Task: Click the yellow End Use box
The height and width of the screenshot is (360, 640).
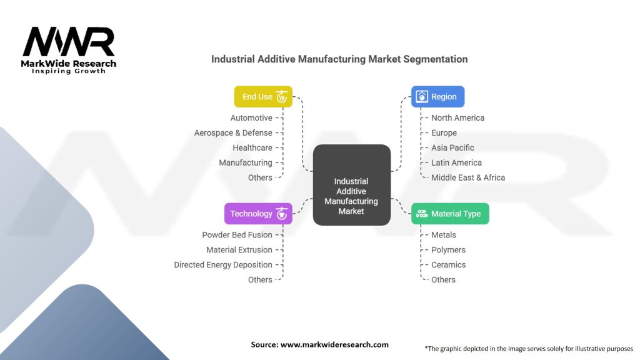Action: [263, 97]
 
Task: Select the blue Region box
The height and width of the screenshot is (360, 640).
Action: [437, 97]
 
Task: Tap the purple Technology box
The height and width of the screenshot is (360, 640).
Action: [258, 214]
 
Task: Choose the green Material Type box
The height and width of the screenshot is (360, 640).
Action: [450, 214]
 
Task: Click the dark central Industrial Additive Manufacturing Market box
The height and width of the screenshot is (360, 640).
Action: [351, 185]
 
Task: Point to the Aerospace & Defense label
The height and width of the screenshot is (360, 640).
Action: [233, 132]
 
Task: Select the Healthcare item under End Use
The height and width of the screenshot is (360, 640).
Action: [252, 147]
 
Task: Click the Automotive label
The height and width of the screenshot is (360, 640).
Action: [251, 118]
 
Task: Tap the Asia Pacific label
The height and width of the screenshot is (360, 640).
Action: [452, 147]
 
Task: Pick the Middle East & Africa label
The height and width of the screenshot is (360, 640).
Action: [468, 177]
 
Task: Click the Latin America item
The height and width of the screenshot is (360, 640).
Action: [456, 162]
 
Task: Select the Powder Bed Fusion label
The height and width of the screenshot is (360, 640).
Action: [237, 235]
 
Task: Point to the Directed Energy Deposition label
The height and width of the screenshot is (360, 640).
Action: [223, 264]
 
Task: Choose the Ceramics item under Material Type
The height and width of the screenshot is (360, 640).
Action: [448, 264]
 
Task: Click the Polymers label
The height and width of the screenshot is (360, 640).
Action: [448, 250]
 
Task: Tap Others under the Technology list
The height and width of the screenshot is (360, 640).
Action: [260, 279]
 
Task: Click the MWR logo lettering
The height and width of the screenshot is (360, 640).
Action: [69, 41]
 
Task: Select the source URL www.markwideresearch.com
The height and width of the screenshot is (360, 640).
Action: [334, 344]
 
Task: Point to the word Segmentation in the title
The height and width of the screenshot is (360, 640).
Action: [436, 59]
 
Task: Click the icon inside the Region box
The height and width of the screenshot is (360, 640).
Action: [422, 97]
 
